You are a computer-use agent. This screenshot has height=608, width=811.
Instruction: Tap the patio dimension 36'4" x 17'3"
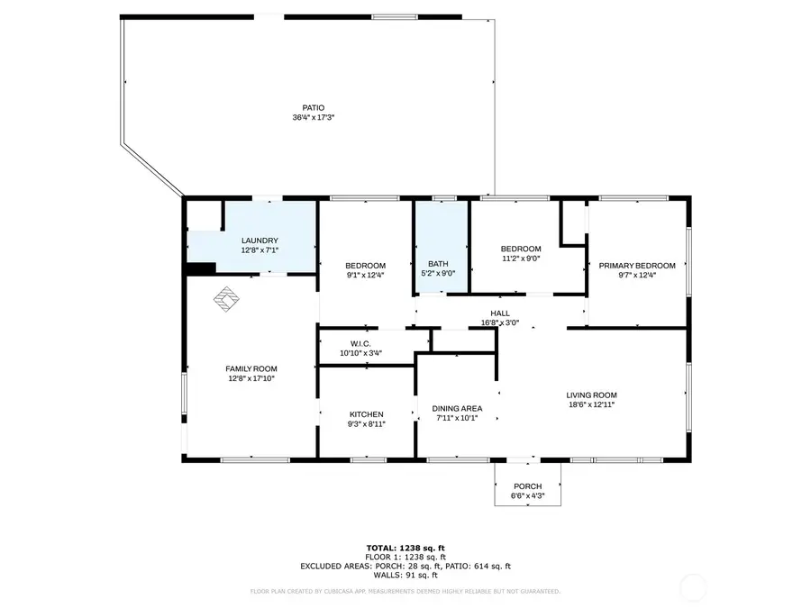pyautogui.click(x=307, y=118)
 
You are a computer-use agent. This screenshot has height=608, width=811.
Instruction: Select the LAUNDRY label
pyautogui.click(x=259, y=240)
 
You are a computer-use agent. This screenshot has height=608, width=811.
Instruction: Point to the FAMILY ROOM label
pyautogui.click(x=251, y=368)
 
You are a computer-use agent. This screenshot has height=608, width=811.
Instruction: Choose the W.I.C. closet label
pyautogui.click(x=360, y=343)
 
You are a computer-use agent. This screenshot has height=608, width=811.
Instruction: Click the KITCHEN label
pyautogui.click(x=367, y=414)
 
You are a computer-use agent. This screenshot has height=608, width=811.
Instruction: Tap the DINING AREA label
pyautogui.click(x=457, y=408)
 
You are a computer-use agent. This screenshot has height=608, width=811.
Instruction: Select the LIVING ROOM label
pyautogui.click(x=591, y=395)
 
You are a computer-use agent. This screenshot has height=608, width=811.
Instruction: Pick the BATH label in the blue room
pyautogui.click(x=439, y=264)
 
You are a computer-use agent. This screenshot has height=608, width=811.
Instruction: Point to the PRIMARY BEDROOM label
pyautogui.click(x=637, y=266)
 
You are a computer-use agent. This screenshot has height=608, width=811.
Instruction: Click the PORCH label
pyautogui.click(x=527, y=486)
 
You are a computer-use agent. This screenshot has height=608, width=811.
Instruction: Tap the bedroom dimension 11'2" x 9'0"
pyautogui.click(x=521, y=259)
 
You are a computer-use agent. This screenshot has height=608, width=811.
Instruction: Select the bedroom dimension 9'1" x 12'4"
pyautogui.click(x=365, y=276)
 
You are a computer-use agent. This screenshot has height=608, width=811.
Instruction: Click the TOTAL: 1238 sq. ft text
pyautogui.click(x=405, y=548)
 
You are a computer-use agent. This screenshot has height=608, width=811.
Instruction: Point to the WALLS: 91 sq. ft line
pyautogui.click(x=405, y=575)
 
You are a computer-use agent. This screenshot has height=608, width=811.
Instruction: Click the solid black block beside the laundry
pyautogui.click(x=199, y=268)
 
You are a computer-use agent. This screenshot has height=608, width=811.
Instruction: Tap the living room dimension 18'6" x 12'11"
pyautogui.click(x=591, y=405)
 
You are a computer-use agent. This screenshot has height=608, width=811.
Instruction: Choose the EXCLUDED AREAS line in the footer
pyautogui.click(x=405, y=566)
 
